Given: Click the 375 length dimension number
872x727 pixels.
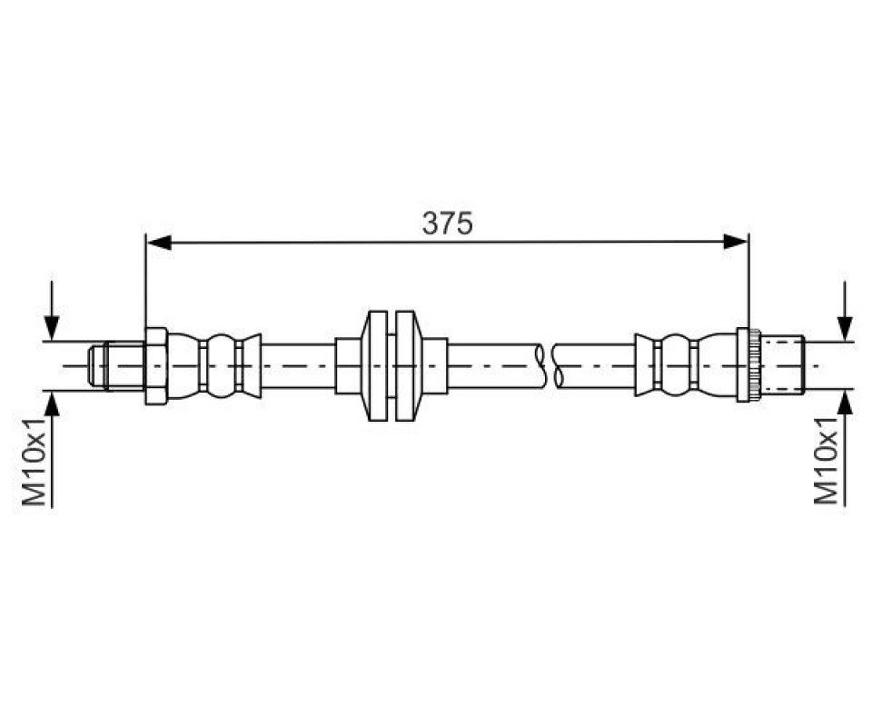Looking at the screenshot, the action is click(447, 223).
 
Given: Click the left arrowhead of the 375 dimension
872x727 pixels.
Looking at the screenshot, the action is click(158, 242).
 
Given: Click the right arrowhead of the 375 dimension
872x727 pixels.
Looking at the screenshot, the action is click(736, 242).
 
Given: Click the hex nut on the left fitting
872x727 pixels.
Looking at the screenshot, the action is click(156, 366).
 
